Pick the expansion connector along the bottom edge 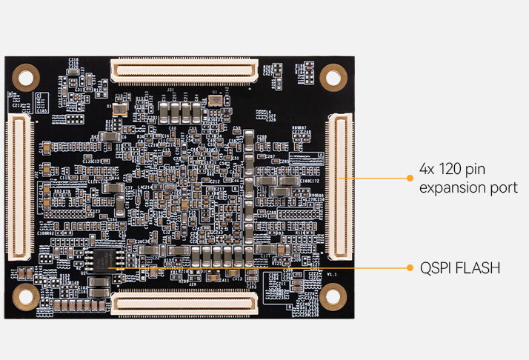[184, 302]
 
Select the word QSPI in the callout [434, 267]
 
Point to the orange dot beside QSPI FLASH [410, 267]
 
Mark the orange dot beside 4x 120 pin [410, 178]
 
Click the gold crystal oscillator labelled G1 [215, 99]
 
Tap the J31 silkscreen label [169, 91]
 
